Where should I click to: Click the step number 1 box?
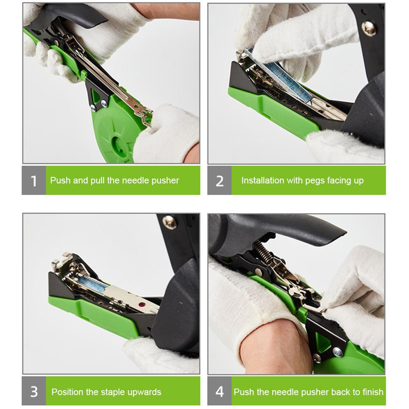(34, 180)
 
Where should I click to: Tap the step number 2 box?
(219, 180)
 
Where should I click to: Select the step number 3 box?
(34, 391)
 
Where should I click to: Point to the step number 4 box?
(219, 391)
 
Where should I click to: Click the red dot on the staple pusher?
(142, 304)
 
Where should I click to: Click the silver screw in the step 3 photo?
(169, 222)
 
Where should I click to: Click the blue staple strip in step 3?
(93, 283)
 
